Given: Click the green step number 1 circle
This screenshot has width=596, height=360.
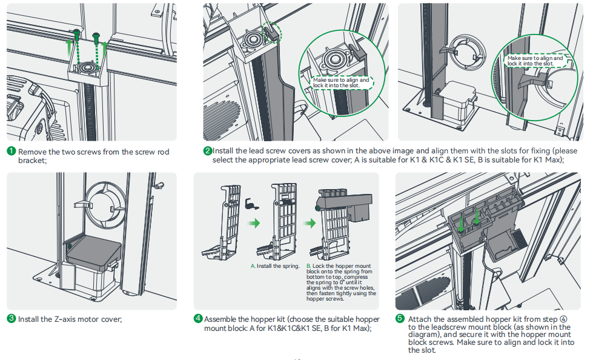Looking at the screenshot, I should pyautogui.click(x=11, y=151).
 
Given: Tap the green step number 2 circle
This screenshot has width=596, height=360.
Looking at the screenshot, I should pyautogui.click(x=208, y=151).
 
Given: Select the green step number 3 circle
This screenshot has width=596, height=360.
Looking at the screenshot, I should pyautogui.click(x=11, y=319).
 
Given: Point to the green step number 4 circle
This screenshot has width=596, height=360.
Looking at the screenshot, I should pyautogui.click(x=198, y=319).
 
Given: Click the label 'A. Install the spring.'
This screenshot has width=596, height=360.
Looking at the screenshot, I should pyautogui.click(x=275, y=266).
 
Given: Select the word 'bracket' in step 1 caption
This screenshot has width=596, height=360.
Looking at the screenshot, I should pyautogui.click(x=31, y=161).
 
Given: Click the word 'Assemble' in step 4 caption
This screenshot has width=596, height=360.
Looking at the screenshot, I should pyautogui.click(x=221, y=319).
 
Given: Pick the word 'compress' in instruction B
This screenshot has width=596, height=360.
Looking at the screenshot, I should pyautogui.click(x=362, y=277).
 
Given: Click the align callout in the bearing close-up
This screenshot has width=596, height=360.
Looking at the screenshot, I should pyautogui.click(x=341, y=82).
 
